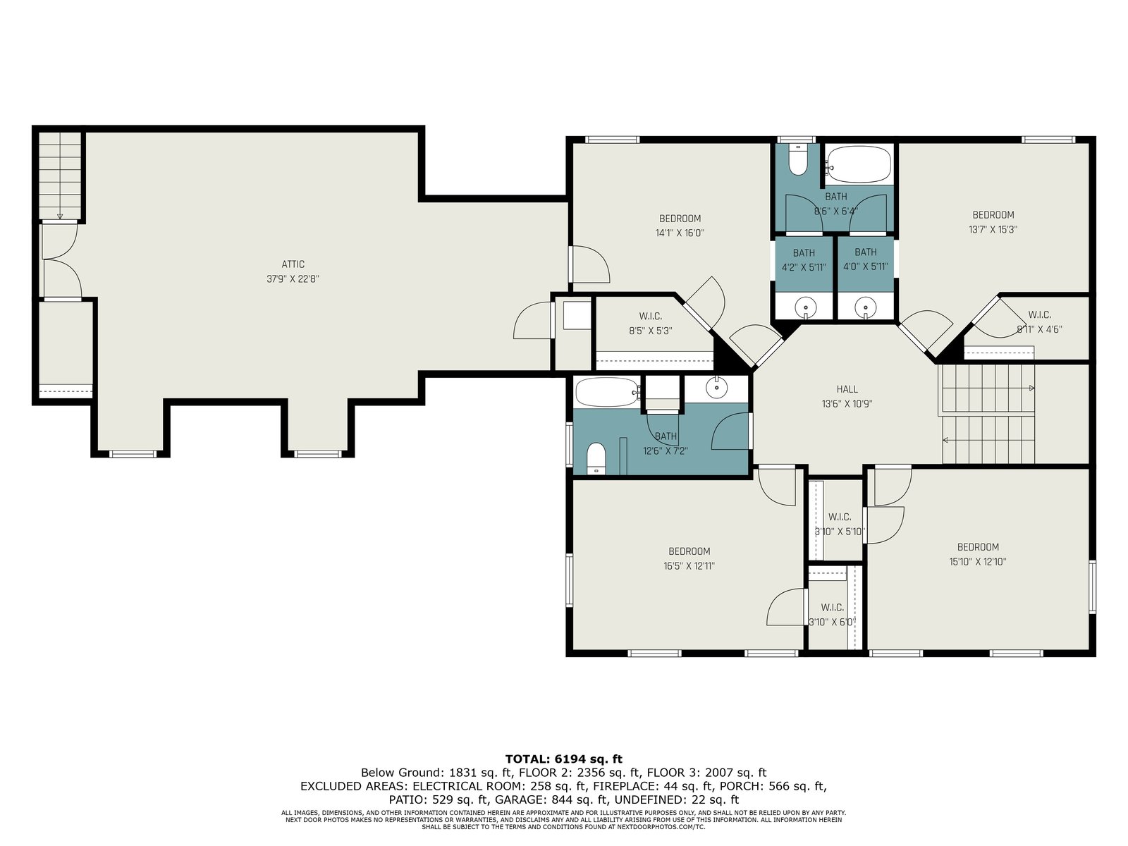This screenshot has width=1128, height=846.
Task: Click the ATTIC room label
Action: click(x=293, y=264)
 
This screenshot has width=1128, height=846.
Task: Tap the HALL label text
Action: click(x=847, y=389)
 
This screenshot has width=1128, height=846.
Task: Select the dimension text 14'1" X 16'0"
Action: click(x=680, y=233)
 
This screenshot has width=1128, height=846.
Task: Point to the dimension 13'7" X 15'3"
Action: click(x=993, y=230)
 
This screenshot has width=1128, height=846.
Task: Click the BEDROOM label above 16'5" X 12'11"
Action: click(x=689, y=551)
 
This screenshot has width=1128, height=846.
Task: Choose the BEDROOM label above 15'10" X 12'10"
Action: click(x=978, y=547)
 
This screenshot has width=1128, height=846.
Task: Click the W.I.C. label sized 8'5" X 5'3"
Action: click(x=651, y=317)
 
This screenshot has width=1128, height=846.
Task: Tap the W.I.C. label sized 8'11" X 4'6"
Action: click(x=1040, y=314)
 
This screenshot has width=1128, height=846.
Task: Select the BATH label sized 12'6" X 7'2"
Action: click(x=666, y=436)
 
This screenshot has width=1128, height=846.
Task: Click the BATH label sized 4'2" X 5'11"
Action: click(x=804, y=252)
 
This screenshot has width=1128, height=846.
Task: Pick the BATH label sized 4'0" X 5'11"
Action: click(x=866, y=252)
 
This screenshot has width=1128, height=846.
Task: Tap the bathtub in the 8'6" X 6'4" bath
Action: click(x=859, y=164)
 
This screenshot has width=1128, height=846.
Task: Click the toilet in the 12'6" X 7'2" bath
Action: click(x=596, y=459)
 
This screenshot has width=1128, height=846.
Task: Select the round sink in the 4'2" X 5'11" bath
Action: click(x=805, y=307)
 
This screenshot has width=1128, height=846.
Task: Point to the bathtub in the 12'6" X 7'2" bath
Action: click(x=608, y=393)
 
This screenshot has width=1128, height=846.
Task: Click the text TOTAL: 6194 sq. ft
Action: click(x=564, y=759)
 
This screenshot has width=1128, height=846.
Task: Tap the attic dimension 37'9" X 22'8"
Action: click(x=293, y=279)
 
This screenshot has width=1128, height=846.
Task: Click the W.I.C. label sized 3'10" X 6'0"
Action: click(x=832, y=608)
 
